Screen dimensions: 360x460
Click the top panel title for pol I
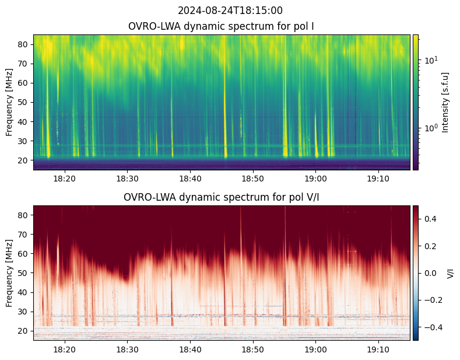click(x=222, y=26)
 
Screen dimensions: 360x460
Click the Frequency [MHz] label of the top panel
click(x=9, y=102)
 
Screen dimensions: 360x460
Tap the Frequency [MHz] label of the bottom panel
click(x=9, y=273)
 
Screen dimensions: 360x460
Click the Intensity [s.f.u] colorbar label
click(x=446, y=102)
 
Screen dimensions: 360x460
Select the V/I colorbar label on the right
click(x=450, y=273)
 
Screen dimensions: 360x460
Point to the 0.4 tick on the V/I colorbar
click(x=430, y=219)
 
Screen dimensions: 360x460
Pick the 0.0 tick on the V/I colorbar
click(x=430, y=273)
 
